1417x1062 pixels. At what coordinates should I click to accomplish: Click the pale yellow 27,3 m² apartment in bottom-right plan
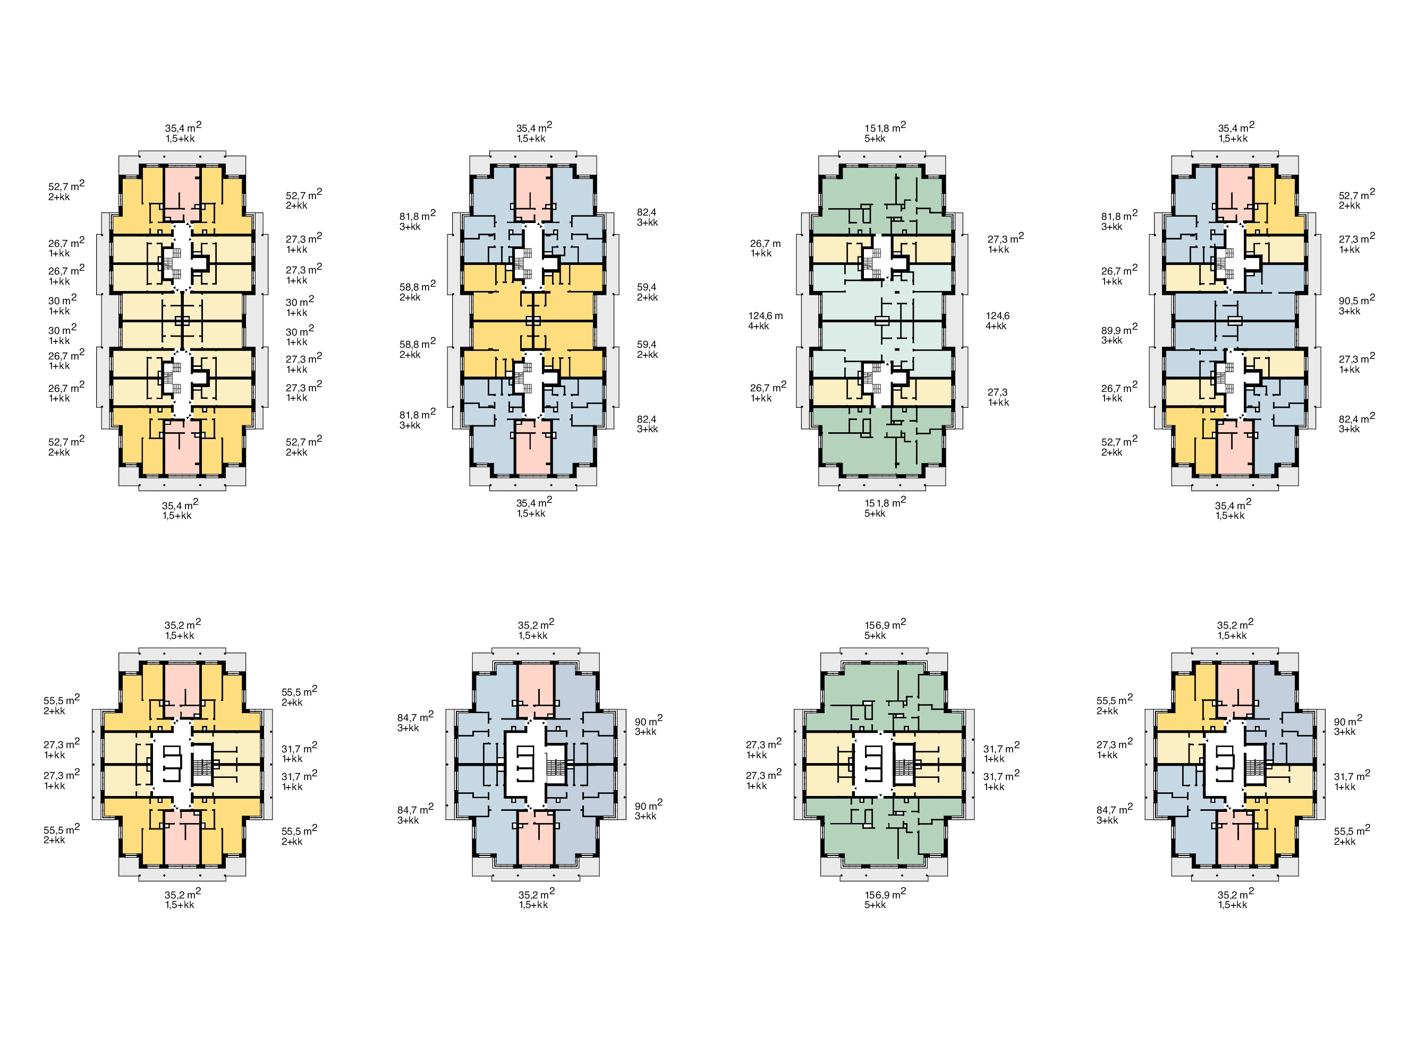pyautogui.click(x=1177, y=748)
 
